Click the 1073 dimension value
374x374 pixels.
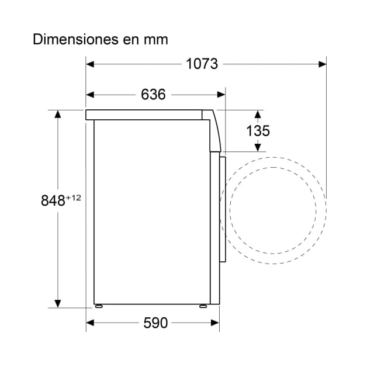point(202,64)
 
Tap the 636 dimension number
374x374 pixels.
point(153,95)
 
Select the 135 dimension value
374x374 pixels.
point(258,131)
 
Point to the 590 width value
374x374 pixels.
point(155,323)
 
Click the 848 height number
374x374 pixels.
point(53,200)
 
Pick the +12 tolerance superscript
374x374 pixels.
point(74,198)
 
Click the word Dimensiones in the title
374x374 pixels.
point(75,39)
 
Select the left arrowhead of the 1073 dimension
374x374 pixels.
point(90,64)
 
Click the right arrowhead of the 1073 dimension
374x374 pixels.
point(322,64)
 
